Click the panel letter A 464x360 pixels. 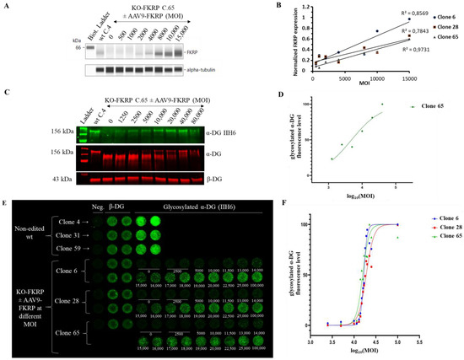(5, 5)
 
